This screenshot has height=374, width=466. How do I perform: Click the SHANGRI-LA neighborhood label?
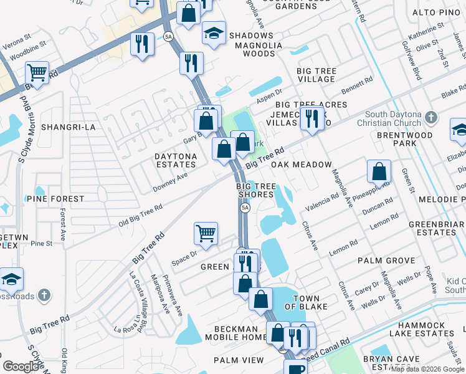tap(68, 127)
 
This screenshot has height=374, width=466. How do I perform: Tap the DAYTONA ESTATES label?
tap(176, 161)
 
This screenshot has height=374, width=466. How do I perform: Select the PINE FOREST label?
tap(55, 199)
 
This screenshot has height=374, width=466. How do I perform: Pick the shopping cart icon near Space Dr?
tap(206, 234)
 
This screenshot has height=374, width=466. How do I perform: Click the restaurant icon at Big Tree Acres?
tap(311, 117)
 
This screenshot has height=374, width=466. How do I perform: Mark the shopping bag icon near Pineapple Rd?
tap(379, 170)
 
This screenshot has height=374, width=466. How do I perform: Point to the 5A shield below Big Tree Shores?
tap(245, 208)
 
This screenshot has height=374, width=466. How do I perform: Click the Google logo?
tap(22, 367)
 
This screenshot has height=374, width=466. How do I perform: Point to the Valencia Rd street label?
tap(321, 201)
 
